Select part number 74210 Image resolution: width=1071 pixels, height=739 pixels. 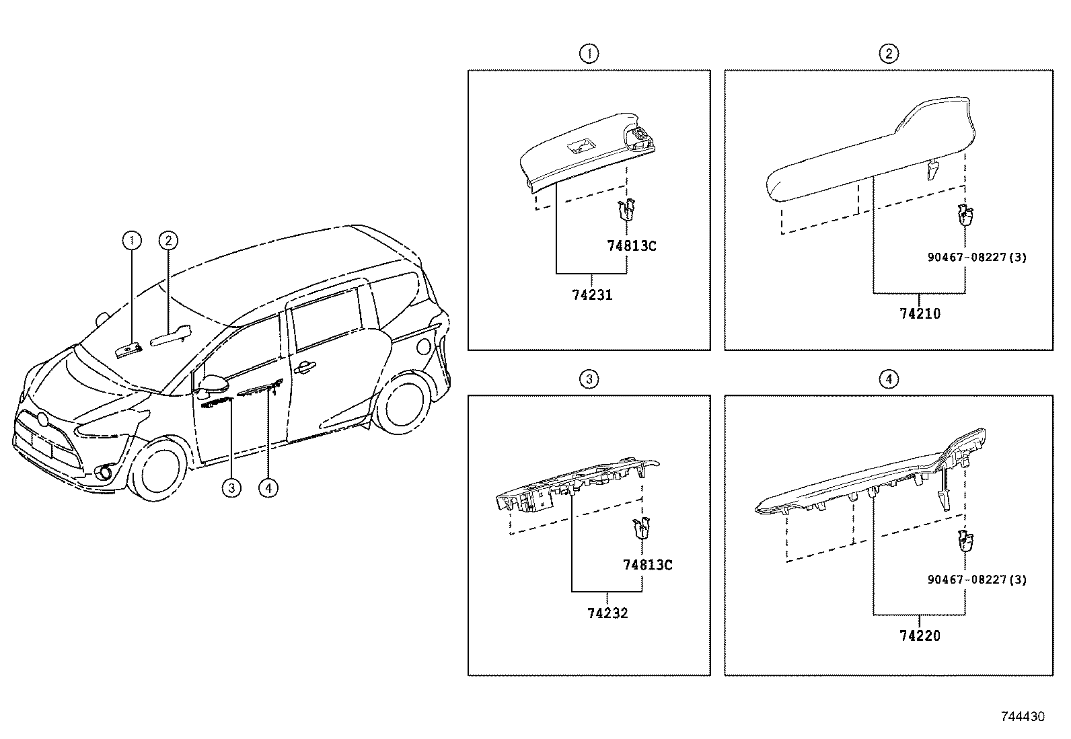pyautogui.click(x=920, y=313)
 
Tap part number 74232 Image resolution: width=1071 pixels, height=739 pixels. pyautogui.click(x=607, y=613)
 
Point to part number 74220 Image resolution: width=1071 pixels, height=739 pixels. pyautogui.click(x=920, y=635)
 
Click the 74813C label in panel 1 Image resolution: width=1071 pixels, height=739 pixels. pyautogui.click(x=631, y=245)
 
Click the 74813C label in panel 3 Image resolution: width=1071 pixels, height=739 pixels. pyautogui.click(x=647, y=564)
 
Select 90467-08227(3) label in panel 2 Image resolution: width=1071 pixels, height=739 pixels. pyautogui.click(x=976, y=257)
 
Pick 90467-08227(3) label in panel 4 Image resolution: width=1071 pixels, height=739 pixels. pyautogui.click(x=976, y=579)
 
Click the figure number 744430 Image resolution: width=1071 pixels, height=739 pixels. pyautogui.click(x=1023, y=717)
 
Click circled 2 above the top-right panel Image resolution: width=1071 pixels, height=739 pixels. pyautogui.click(x=888, y=54)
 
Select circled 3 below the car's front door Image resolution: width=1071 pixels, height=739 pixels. pyautogui.click(x=231, y=488)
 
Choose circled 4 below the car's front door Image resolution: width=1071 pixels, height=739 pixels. pyautogui.click(x=268, y=488)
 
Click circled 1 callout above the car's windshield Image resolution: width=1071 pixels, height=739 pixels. pyautogui.click(x=132, y=239)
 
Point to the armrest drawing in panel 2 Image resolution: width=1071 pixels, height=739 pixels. pyautogui.click(x=868, y=155)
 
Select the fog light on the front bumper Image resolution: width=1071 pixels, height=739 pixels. pyautogui.click(x=105, y=473)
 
